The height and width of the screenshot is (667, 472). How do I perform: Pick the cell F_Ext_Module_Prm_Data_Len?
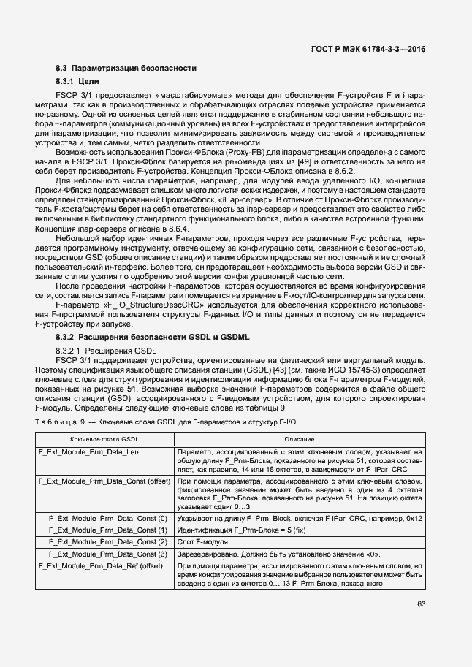click(x=88, y=452)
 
